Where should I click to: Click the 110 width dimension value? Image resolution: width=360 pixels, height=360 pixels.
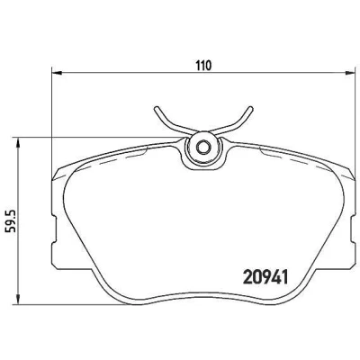203,66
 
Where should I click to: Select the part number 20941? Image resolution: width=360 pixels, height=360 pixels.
265,276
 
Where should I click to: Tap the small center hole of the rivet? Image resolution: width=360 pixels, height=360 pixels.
202,148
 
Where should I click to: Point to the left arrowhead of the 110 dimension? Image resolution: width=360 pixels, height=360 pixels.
57,73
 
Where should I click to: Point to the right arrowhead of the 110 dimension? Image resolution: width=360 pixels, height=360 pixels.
349,73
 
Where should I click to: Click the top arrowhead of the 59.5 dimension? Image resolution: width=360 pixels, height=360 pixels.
19,143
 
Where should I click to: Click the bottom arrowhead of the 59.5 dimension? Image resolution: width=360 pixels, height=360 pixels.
19,301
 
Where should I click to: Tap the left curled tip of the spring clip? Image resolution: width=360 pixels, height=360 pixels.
157,109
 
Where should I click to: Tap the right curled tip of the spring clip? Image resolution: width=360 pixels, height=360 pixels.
250,109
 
